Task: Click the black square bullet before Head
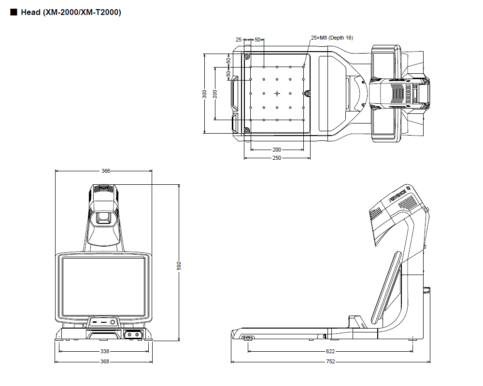[x=13, y=12]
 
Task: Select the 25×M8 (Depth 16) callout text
[x=332, y=38]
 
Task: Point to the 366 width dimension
[x=106, y=171]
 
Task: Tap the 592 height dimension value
[x=179, y=265]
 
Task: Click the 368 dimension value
[x=104, y=361]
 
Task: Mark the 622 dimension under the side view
[x=330, y=352]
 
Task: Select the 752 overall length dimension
[x=330, y=361]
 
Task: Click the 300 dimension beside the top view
[x=205, y=94]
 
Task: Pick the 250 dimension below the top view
[x=277, y=158]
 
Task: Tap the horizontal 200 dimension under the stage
[x=277, y=150]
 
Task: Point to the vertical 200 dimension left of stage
[x=215, y=94]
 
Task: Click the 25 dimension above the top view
[x=239, y=39]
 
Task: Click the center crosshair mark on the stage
[x=277, y=93]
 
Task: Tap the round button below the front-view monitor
[x=113, y=321]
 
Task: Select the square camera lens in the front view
[x=104, y=219]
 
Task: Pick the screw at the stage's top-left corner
[x=247, y=57]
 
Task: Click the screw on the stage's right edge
[x=306, y=93]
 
